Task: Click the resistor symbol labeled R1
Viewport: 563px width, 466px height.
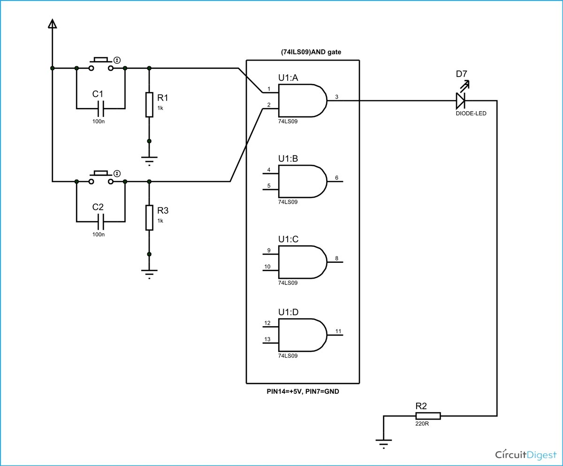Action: [149, 105]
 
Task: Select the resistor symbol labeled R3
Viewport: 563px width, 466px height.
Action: [149, 218]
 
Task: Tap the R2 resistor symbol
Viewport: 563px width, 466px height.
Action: [428, 416]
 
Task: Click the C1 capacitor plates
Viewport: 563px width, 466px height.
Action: [100, 109]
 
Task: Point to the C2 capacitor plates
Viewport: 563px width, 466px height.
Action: [100, 222]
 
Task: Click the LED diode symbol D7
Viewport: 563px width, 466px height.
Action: [461, 100]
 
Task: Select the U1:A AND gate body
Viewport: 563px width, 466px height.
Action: [303, 100]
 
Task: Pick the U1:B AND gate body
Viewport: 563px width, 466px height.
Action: [303, 182]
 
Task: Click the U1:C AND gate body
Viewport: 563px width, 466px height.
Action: [303, 262]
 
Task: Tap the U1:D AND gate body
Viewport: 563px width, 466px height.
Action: [303, 335]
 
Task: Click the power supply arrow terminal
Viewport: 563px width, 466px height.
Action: [52, 24]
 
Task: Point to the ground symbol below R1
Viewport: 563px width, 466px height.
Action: [149, 161]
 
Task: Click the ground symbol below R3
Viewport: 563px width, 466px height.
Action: [149, 274]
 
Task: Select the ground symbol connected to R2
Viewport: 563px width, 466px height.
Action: [383, 444]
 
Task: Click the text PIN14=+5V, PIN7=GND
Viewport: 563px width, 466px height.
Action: [303, 391]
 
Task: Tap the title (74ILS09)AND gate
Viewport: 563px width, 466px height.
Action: [311, 52]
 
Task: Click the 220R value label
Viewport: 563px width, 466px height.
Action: [422, 424]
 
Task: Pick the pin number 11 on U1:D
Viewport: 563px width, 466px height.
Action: [338, 331]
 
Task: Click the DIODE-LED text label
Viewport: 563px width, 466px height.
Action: [471, 114]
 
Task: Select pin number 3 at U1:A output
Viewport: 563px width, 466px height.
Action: [336, 97]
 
